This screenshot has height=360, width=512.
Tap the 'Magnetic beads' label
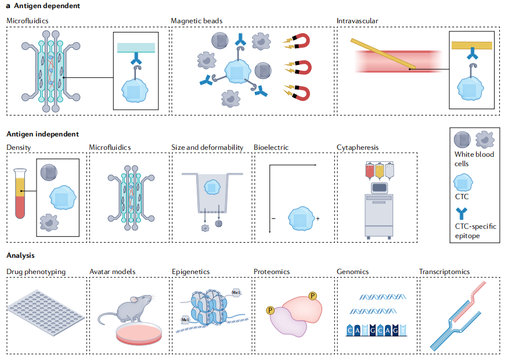[x=196, y=21]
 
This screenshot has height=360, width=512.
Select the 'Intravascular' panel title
[x=357, y=21]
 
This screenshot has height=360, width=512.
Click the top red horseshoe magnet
[x=301, y=41]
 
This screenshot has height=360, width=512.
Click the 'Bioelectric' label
[x=271, y=147]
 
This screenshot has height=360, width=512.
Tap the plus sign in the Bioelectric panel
[x=318, y=220]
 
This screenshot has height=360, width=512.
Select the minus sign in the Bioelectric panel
[x=272, y=220]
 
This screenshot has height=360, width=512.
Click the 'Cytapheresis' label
[x=358, y=147]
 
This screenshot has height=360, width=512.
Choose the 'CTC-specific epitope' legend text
[x=475, y=231]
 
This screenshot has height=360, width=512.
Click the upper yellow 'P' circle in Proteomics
[x=313, y=296]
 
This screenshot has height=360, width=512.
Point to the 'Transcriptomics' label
[x=444, y=272]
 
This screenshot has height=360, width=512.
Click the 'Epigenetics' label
[x=190, y=272]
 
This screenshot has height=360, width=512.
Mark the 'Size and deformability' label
[x=207, y=147]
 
